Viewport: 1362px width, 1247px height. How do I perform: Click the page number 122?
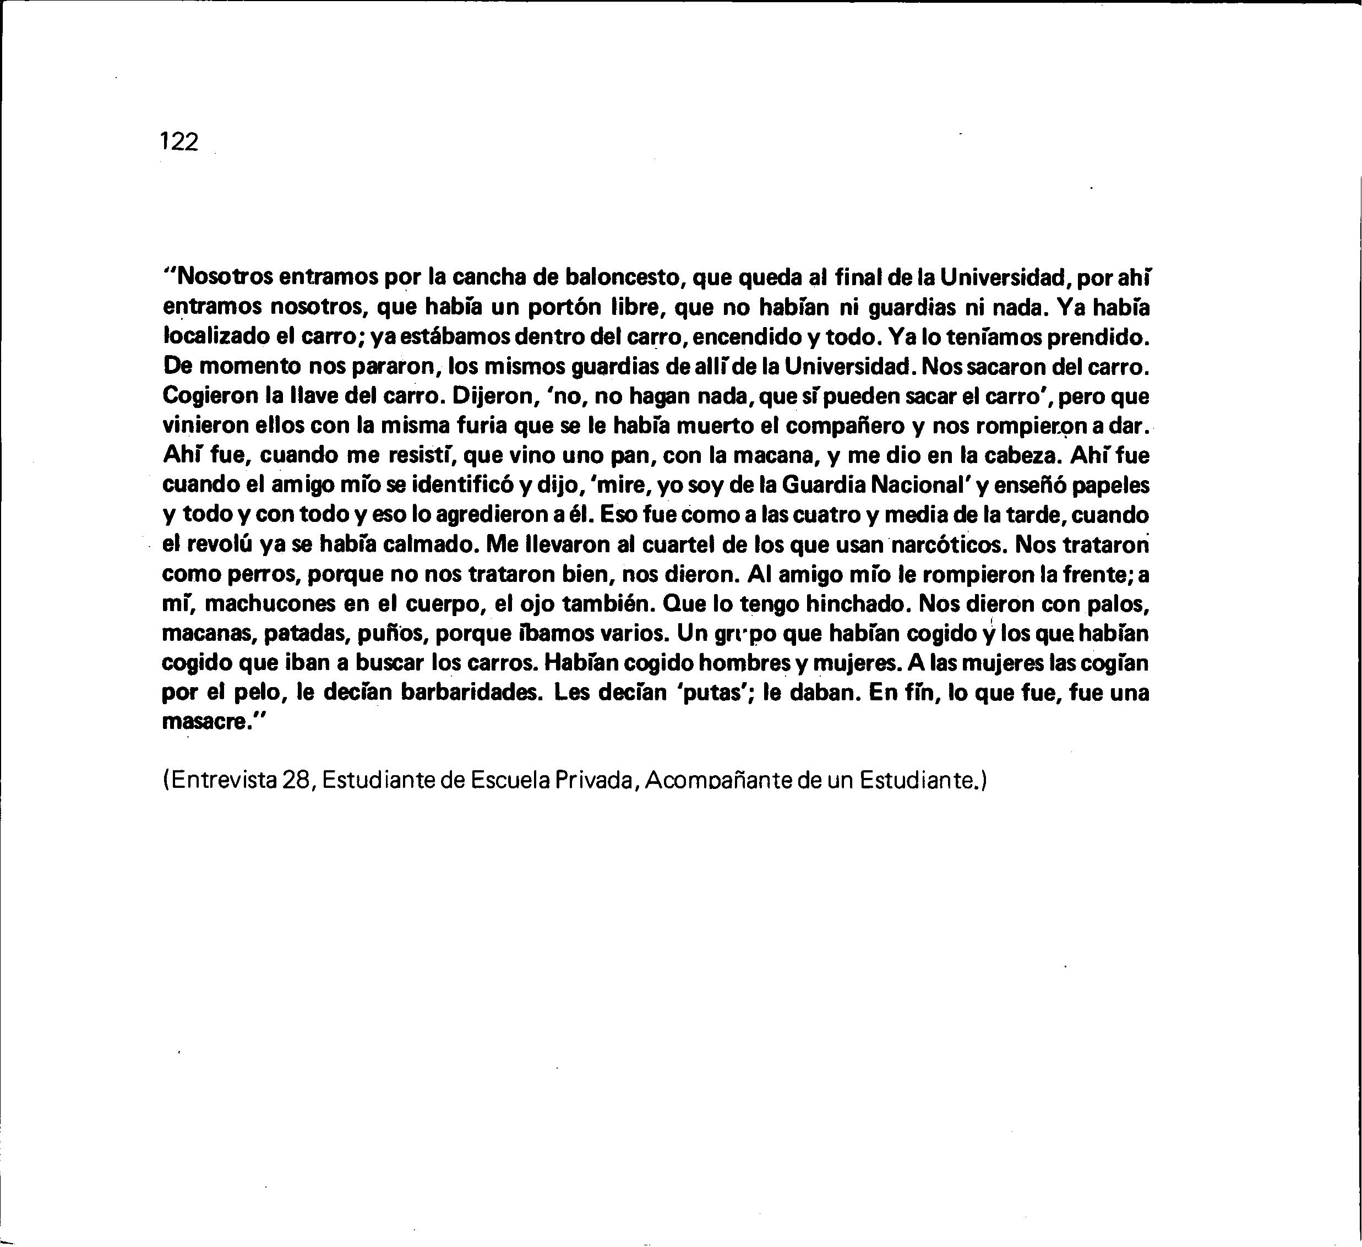(x=179, y=142)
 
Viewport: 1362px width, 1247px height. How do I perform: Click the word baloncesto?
(x=622, y=277)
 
